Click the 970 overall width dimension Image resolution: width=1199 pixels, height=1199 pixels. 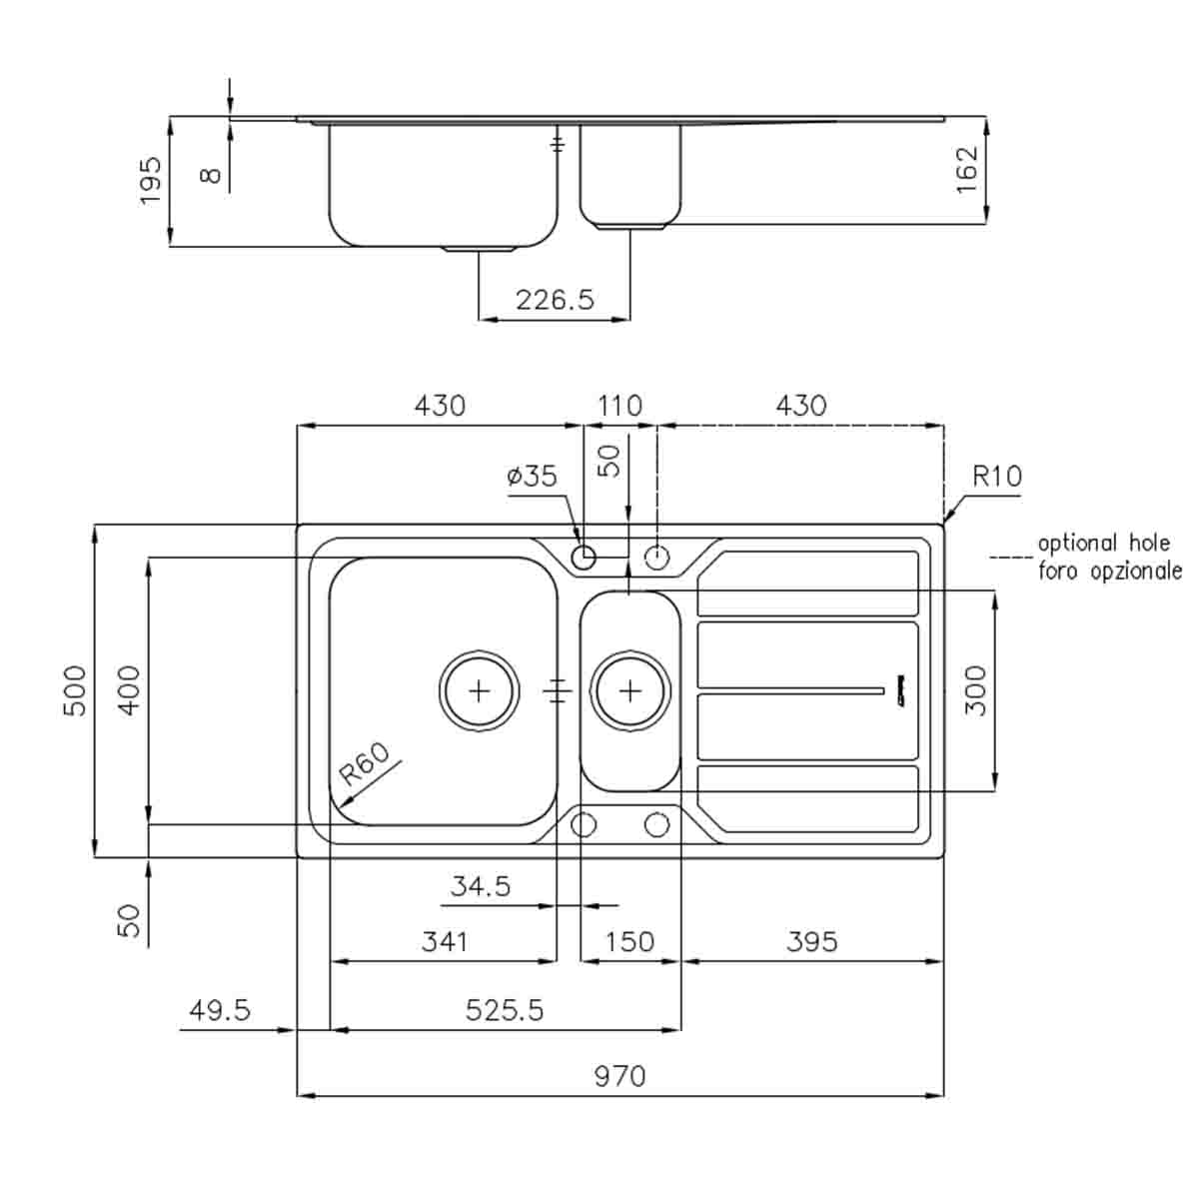619,1076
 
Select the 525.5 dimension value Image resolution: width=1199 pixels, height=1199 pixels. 505,1010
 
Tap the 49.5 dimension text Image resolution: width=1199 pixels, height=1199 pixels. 220,1010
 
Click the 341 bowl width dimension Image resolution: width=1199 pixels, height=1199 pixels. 444,941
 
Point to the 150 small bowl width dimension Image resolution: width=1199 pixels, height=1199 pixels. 629,941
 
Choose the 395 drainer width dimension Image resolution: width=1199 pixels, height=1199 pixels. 811,941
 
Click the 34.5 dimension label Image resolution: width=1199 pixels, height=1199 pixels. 481,885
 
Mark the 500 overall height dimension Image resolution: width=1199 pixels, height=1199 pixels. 76,689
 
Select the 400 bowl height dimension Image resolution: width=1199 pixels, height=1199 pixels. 130,689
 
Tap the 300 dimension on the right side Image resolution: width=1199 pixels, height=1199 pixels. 976,689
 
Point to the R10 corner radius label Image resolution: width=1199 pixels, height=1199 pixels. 997,476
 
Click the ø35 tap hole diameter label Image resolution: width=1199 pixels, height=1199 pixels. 532,476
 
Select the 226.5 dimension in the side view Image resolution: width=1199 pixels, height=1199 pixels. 555,299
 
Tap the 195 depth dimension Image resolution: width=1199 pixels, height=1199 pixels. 150,181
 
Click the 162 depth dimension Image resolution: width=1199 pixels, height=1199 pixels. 967,170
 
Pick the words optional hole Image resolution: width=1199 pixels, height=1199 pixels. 1103,544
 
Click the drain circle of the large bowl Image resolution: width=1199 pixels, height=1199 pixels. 480,689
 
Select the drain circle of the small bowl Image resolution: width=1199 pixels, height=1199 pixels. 629,689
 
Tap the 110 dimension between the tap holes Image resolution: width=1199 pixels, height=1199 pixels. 619,406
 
